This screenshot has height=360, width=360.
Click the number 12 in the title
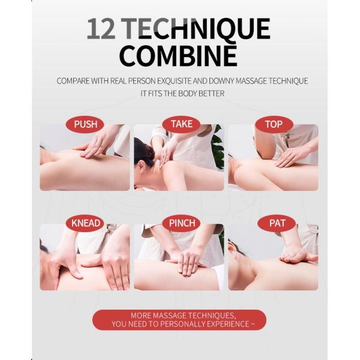point(101,28)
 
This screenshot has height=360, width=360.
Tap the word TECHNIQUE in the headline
point(196,29)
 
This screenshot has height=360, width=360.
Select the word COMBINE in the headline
point(178,55)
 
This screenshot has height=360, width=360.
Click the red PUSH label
point(85,124)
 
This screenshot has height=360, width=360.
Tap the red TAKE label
point(181,124)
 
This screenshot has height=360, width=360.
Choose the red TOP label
point(274,124)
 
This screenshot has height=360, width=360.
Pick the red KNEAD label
point(85,223)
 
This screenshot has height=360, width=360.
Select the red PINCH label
point(181,223)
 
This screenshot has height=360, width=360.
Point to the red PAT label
point(277,223)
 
